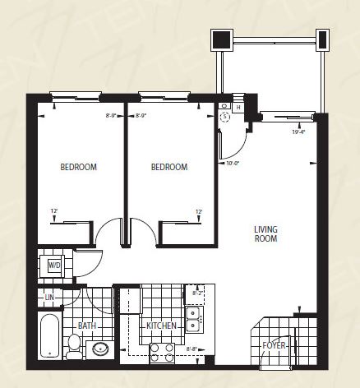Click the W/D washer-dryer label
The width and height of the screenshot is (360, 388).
pyautogui.click(x=54, y=266)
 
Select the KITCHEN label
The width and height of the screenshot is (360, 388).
pyautogui.click(x=161, y=326)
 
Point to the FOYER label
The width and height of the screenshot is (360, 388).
pyautogui.click(x=274, y=346)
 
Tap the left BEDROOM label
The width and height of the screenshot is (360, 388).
pyautogui.click(x=79, y=167)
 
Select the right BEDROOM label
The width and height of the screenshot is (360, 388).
pyautogui.click(x=169, y=167)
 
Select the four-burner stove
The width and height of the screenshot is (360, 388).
pyautogui.click(x=161, y=353)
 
